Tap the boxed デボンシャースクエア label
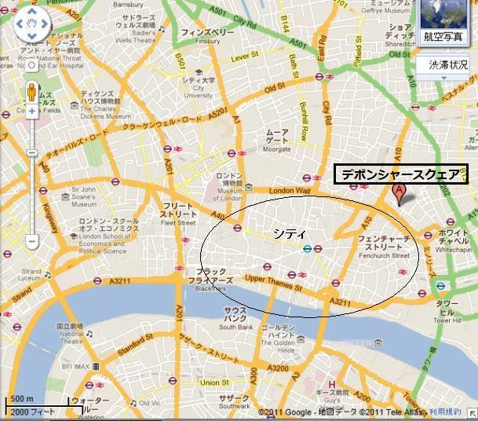pyautogui.click(x=400, y=174)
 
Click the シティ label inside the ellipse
pyautogui.click(x=283, y=232)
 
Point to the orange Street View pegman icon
pyautogui.click(x=32, y=89)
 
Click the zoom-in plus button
pyautogui.click(x=32, y=112)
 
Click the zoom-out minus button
pyautogui.click(x=32, y=241)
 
